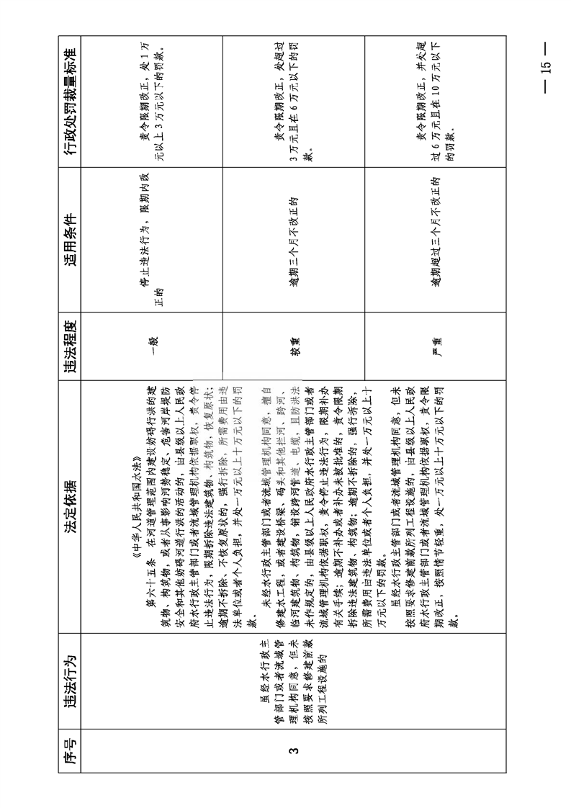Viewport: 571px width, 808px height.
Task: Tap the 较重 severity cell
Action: [294, 344]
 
